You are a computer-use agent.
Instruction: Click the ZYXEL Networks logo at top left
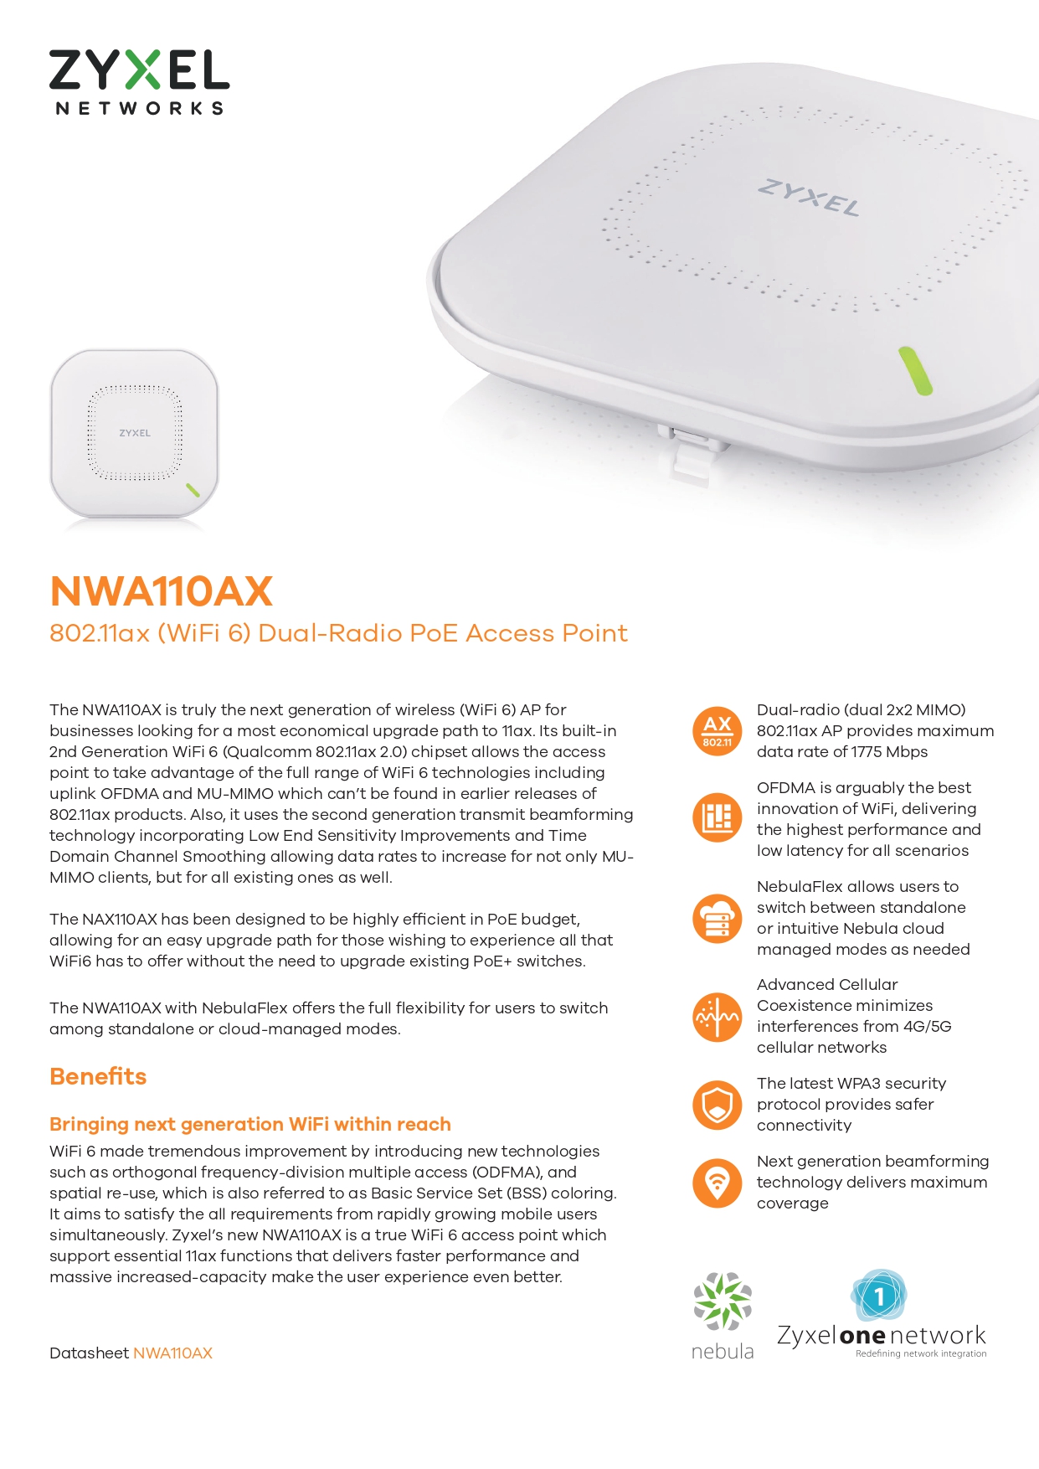coord(139,82)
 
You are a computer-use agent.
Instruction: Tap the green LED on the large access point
coord(915,370)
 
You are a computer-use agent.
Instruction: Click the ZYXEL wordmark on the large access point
coord(809,197)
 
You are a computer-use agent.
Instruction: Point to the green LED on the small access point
coord(193,490)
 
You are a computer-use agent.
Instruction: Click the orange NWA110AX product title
coord(162,590)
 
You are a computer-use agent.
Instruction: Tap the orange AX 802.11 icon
coord(718,730)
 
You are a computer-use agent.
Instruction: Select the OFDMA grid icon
coord(718,817)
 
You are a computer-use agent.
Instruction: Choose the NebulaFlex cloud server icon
coord(718,918)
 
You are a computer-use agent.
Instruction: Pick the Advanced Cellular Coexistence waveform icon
coord(718,1017)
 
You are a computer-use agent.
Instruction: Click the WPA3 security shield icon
coord(718,1105)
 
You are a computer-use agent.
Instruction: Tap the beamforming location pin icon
coord(718,1183)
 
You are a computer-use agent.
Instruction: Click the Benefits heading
coord(98,1076)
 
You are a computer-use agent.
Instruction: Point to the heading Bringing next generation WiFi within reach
coord(250,1124)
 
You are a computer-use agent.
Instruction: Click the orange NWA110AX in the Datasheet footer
coord(172,1353)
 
